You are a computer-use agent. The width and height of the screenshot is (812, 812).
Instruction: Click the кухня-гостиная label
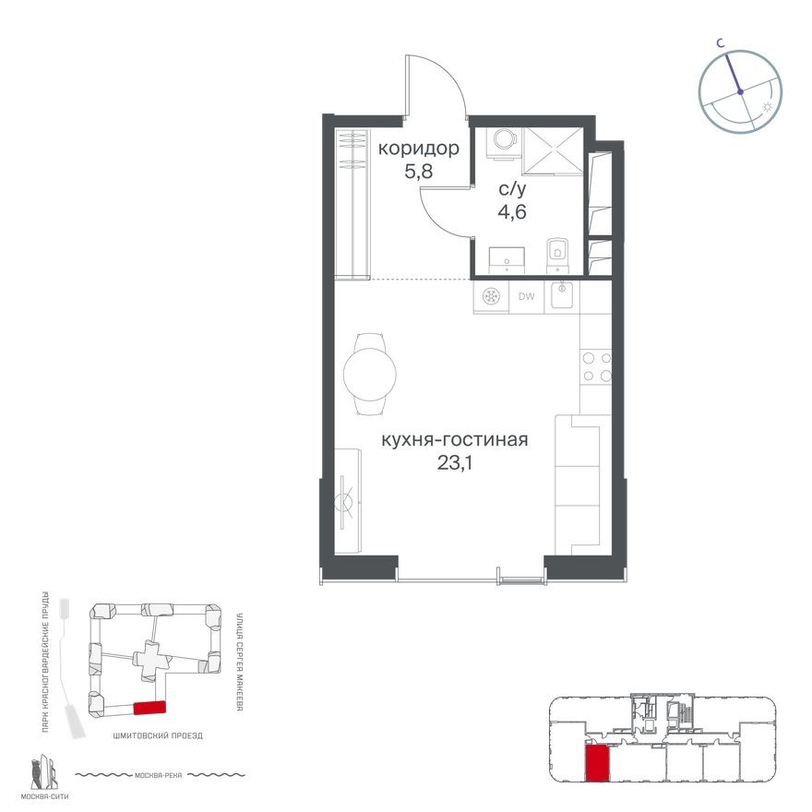tap(455, 440)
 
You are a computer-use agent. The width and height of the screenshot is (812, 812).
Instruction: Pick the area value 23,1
tap(455, 462)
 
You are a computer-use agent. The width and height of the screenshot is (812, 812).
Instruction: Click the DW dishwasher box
tap(527, 297)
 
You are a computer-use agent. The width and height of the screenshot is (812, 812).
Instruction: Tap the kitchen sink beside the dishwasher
tap(562, 296)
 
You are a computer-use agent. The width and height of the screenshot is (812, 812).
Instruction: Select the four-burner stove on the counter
tap(596, 366)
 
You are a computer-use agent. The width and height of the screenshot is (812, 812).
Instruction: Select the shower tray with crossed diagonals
tap(552, 150)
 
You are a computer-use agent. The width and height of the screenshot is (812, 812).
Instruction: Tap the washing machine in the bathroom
tap(503, 139)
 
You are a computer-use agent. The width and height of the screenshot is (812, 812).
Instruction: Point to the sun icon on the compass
tap(768, 109)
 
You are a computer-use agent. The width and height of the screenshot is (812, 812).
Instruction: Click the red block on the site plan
tap(149, 708)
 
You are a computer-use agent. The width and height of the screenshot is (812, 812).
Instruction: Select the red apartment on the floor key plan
tap(597, 763)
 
